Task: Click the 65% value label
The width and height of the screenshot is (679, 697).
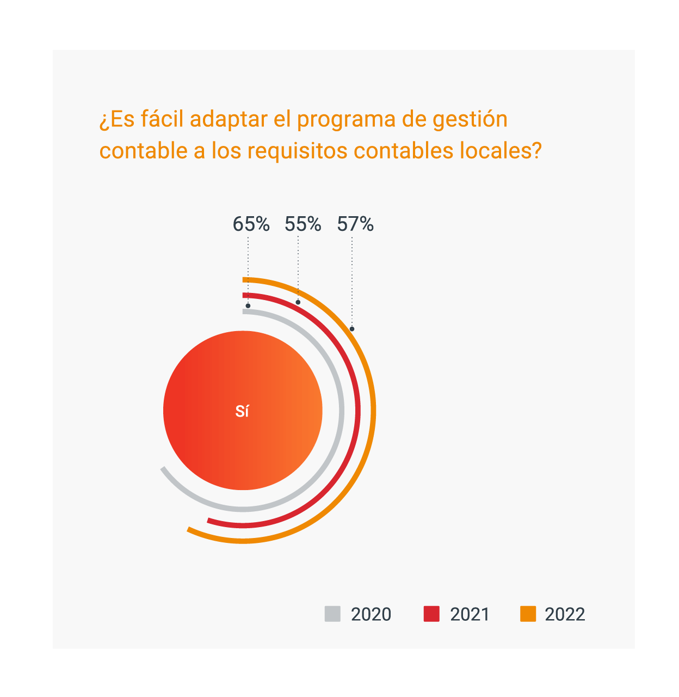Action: [x=251, y=224]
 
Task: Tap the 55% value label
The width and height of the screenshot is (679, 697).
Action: [x=303, y=224]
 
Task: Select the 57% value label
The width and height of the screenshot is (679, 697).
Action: [x=355, y=224]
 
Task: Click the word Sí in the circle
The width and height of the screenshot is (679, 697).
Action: [x=242, y=412]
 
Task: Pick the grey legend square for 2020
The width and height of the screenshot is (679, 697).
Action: [x=332, y=614]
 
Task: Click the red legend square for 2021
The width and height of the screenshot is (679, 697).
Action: [x=431, y=614]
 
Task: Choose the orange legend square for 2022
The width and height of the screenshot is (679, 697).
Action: [x=528, y=614]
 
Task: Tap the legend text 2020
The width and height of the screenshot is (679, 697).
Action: [x=371, y=614]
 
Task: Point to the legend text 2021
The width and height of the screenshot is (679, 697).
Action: [x=470, y=614]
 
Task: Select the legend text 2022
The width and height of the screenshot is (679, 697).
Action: [x=565, y=614]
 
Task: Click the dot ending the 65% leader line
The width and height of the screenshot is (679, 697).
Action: [x=248, y=305]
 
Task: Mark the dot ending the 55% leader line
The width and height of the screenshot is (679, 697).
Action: [x=298, y=302]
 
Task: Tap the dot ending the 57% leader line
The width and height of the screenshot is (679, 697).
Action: [x=352, y=329]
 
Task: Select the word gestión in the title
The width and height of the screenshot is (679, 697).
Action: [x=470, y=120]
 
